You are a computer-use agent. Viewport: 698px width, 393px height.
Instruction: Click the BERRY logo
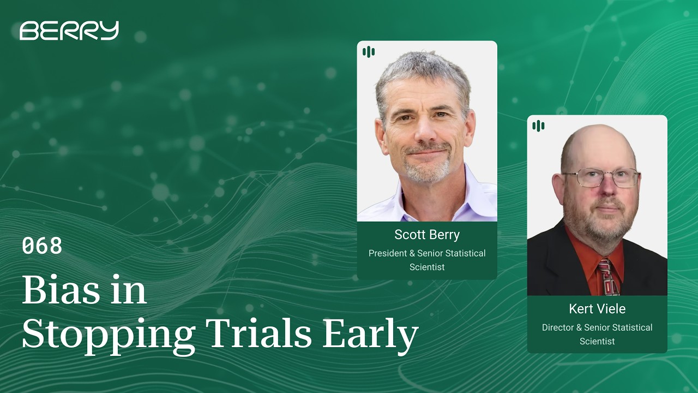click(69, 31)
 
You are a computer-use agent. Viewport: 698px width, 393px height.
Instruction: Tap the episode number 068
click(42, 246)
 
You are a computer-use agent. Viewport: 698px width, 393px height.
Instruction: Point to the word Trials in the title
click(260, 332)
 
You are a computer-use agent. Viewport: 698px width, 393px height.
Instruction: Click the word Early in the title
click(370, 335)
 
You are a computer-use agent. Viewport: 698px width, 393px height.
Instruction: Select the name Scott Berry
click(427, 235)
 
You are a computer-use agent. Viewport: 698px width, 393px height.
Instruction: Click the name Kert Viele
click(597, 309)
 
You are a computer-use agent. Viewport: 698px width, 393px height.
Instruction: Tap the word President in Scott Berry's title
click(387, 253)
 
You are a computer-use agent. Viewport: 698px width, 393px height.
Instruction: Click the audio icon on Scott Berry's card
click(369, 52)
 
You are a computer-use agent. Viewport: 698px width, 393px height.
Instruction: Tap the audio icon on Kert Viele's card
click(538, 126)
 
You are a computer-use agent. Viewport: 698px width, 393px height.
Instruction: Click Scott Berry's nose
click(428, 131)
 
